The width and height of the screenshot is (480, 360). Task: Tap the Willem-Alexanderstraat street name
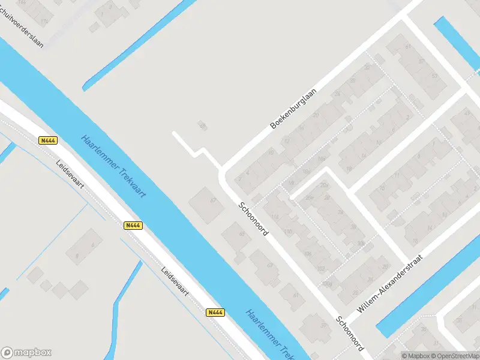[x=390, y=283]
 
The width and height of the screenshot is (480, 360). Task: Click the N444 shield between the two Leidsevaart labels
[x=133, y=226]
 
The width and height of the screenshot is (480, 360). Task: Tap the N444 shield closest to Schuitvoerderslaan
[x=48, y=140]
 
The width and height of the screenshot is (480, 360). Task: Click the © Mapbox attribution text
[x=416, y=356]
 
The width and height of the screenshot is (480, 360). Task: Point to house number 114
[x=276, y=217]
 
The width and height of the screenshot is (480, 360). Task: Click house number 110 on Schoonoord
[x=289, y=232]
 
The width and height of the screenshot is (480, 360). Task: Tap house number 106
[x=307, y=253]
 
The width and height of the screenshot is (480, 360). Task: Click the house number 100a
[x=327, y=283]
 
